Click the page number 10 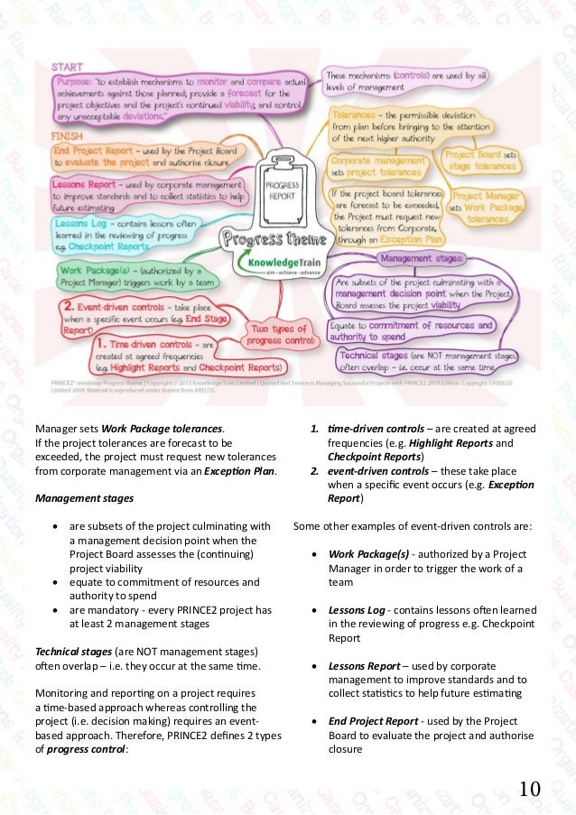[529, 790]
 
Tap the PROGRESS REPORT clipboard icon [282, 190]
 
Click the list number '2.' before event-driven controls [314, 471]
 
